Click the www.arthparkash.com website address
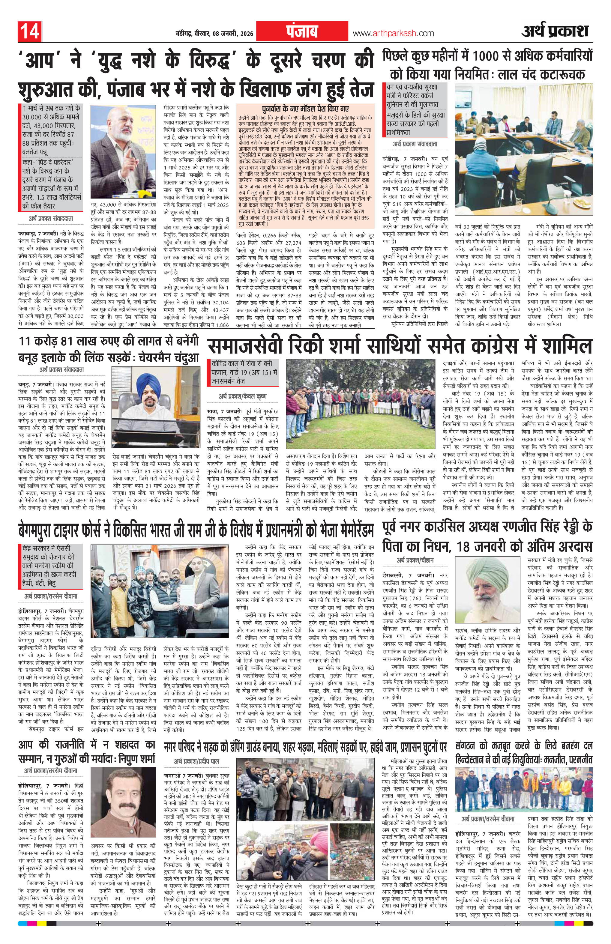pos(393,34)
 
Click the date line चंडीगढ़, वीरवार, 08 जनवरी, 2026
pos(212,34)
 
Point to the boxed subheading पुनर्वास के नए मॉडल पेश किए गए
pos(305,108)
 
